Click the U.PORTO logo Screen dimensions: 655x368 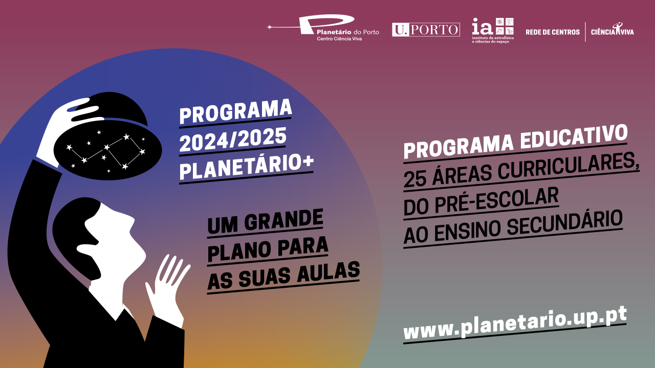(426, 30)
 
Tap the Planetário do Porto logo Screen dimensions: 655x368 (323, 28)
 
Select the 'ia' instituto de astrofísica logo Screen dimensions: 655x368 (493, 30)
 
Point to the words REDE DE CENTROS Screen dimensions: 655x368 (552, 32)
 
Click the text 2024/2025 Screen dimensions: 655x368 (233, 140)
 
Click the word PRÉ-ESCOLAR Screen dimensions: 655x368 (496, 201)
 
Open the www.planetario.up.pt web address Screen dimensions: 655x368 (515, 325)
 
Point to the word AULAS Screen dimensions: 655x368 (328, 272)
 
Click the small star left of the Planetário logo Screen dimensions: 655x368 (269, 27)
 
